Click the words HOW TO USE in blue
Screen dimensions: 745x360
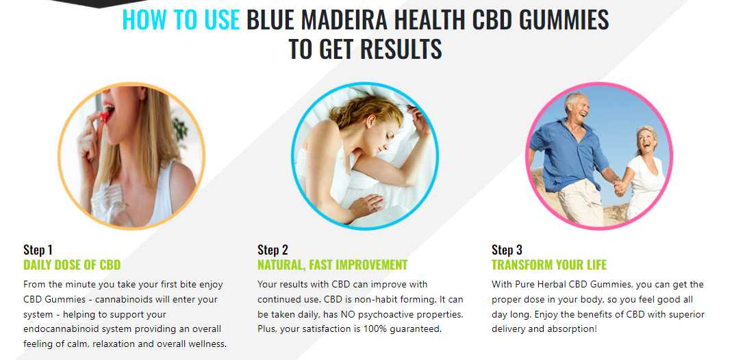coord(181,20)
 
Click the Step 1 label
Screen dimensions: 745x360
coord(38,250)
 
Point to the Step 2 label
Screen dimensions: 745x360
coord(273,250)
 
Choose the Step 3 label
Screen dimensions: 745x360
coord(507,250)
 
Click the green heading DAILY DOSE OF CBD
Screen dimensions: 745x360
coord(72,265)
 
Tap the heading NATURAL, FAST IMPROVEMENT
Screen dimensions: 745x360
coord(333,265)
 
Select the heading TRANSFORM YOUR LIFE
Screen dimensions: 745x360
coord(549,265)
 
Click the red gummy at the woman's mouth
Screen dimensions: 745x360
coord(105,114)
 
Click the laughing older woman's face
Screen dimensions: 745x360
coord(646,140)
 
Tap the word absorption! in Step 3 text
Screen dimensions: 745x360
coord(574,329)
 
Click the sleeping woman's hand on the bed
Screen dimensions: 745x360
coord(366,205)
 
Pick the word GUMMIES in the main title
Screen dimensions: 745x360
coord(564,20)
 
